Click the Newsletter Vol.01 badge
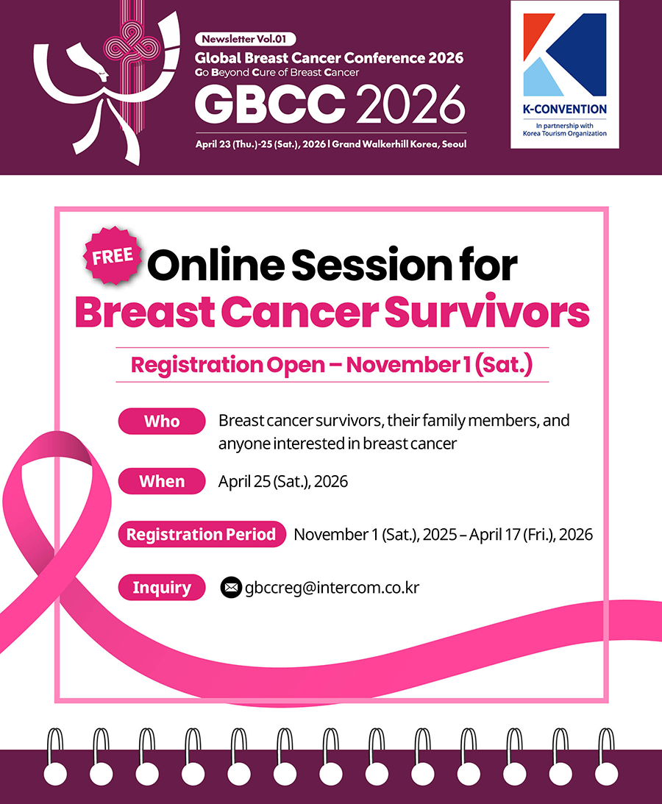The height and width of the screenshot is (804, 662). [x=245, y=39]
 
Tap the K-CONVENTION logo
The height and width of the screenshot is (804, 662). [x=565, y=75]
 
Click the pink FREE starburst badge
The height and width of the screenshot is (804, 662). [x=113, y=255]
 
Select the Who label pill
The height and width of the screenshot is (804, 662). [x=162, y=421]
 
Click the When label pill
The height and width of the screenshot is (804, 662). [x=162, y=481]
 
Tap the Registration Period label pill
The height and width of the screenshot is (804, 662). [x=202, y=534]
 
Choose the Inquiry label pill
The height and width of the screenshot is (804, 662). [x=162, y=587]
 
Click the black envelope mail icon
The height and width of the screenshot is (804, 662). [x=231, y=588]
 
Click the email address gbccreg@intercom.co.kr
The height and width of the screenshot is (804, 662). [x=332, y=587]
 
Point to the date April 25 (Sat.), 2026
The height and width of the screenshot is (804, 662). [x=283, y=482]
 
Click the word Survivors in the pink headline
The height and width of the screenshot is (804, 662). [x=487, y=313]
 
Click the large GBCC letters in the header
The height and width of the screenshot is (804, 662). [x=270, y=104]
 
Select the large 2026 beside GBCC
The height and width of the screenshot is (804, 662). [x=410, y=104]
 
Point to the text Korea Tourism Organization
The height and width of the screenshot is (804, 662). [x=565, y=133]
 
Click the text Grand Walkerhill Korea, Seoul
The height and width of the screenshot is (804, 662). [x=399, y=144]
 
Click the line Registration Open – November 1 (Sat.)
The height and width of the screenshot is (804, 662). [x=332, y=365]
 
